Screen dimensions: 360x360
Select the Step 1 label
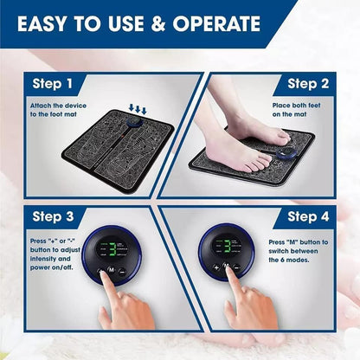[60, 84]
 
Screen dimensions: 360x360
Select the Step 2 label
[308, 84]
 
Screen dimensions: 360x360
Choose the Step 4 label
[308, 216]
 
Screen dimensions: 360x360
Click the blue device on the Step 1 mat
[135, 123]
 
